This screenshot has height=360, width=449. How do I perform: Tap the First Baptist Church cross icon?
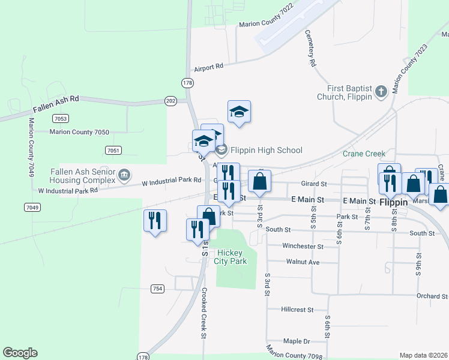(380, 92)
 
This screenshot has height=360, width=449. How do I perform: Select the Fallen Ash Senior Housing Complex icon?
(124, 175)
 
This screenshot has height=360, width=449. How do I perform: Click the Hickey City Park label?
(232, 257)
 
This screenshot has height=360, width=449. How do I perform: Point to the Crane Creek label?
(364, 154)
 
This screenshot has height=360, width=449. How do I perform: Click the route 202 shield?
(171, 101)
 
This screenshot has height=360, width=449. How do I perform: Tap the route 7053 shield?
(59, 118)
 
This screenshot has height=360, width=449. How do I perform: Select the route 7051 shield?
(112, 150)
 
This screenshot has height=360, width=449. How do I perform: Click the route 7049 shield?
(32, 208)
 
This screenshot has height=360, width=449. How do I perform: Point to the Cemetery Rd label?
(311, 48)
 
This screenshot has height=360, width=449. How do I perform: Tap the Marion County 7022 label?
(266, 24)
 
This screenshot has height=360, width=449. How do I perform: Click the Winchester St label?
(303, 246)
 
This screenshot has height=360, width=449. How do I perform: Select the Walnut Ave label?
(303, 262)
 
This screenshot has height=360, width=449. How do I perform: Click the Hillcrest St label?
(297, 310)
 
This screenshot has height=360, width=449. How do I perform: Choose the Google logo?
(20, 353)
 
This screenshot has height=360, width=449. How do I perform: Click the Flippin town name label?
(394, 203)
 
